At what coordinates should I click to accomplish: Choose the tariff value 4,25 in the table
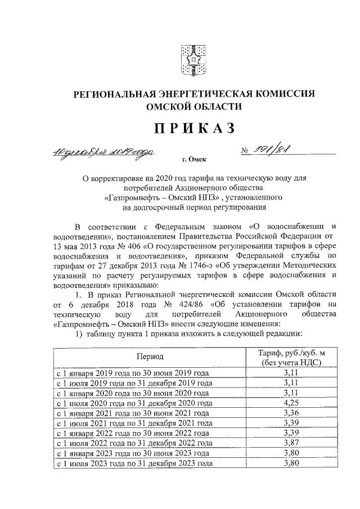(291, 403)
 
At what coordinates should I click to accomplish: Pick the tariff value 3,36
(291, 413)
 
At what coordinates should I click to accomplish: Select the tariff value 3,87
(291, 443)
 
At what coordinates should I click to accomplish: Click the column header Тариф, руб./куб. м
(291, 352)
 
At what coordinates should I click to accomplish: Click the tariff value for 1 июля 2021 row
(291, 423)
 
